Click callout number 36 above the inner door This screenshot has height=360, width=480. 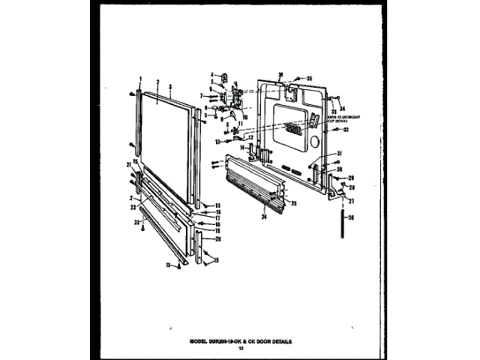pos(280,74)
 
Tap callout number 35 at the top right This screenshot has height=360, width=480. pos(308,78)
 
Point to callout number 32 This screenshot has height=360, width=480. pos(346,130)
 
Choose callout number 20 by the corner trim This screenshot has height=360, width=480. pos(217,238)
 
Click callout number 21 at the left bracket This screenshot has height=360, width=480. pos(129,164)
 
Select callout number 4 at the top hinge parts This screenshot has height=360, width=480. pos(212,73)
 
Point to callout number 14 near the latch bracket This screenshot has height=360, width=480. pos(241,148)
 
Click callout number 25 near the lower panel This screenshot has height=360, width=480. pos(294,203)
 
